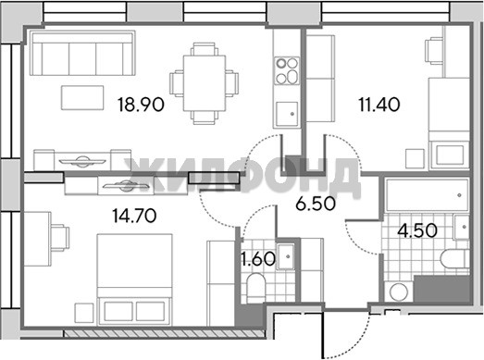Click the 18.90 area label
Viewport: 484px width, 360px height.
[141, 105]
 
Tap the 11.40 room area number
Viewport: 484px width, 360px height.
[379, 105]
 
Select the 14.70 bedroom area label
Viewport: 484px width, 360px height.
[134, 216]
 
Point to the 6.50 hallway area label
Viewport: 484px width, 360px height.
[316, 204]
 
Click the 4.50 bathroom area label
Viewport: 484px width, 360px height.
[417, 230]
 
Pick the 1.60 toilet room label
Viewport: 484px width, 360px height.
[258, 259]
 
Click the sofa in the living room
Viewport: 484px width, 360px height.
[82, 53]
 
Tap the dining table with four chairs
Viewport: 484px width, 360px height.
[204, 83]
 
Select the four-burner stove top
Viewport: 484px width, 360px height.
[288, 70]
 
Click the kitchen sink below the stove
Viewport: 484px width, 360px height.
[287, 114]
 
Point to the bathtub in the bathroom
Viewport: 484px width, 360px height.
[428, 195]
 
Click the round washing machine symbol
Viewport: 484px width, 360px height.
[399, 292]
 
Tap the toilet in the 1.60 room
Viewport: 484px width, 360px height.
[256, 286]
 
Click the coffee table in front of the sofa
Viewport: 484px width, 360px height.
[82, 97]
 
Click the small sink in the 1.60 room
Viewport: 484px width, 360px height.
[286, 256]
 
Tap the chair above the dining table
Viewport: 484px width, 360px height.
[204, 49]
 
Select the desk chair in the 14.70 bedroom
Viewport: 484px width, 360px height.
[60, 238]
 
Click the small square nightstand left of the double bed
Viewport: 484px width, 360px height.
[84, 313]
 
